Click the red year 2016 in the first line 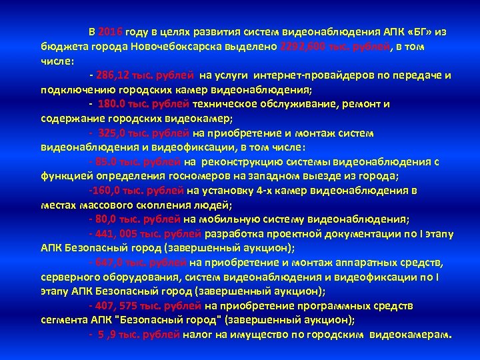pyautogui.click(x=109, y=31)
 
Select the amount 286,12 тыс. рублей pyautogui.click(x=145, y=75)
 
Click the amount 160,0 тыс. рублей pyautogui.click(x=137, y=190)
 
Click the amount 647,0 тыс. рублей pyautogui.click(x=143, y=262)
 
